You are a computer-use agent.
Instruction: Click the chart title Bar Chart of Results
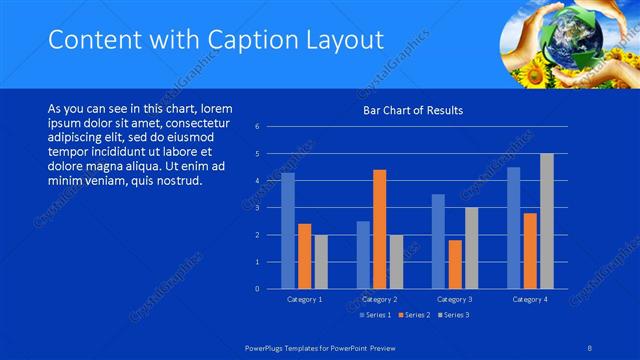point(412,110)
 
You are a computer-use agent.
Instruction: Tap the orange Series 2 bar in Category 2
point(379,229)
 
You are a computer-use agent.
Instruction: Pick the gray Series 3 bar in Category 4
point(546,221)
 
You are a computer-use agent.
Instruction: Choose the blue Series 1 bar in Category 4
point(514,228)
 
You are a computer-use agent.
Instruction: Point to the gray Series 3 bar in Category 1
point(320,262)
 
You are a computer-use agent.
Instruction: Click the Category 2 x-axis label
point(379,299)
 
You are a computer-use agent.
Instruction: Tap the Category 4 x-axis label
point(530,299)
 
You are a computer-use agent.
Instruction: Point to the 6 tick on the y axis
point(257,127)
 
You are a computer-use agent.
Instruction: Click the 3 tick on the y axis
point(257,208)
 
